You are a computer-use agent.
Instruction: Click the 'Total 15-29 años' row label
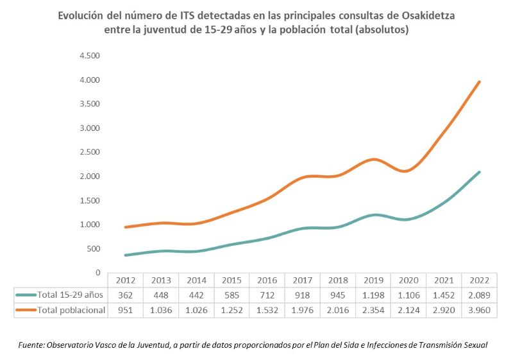pyautogui.click(x=69, y=295)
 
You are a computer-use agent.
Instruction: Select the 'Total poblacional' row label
pyautogui.click(x=69, y=309)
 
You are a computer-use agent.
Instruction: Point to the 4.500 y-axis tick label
pyautogui.click(x=89, y=56)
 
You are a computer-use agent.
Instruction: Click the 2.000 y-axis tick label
pyautogui.click(x=89, y=176)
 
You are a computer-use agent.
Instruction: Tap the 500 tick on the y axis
pyautogui.click(x=92, y=248)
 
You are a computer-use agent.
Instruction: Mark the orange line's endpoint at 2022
pyautogui.click(x=479, y=81)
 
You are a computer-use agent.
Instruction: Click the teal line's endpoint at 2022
pyautogui.click(x=479, y=172)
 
